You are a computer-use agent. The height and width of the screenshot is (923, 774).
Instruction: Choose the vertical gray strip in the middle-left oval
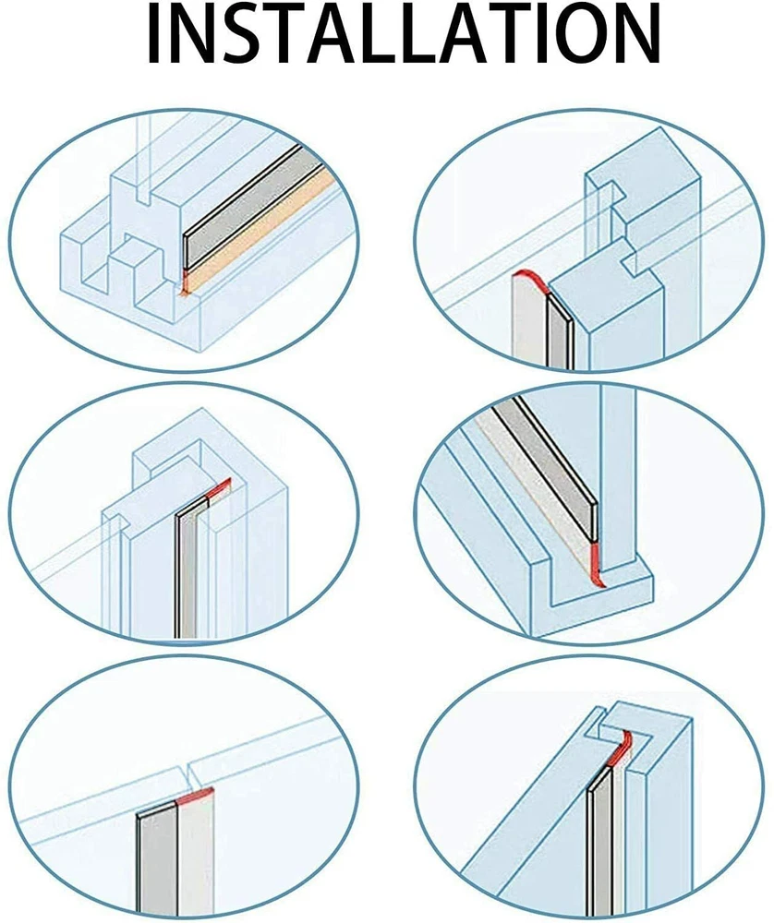pos(187,572)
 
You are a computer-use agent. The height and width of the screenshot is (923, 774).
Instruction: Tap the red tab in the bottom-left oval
pos(195,794)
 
